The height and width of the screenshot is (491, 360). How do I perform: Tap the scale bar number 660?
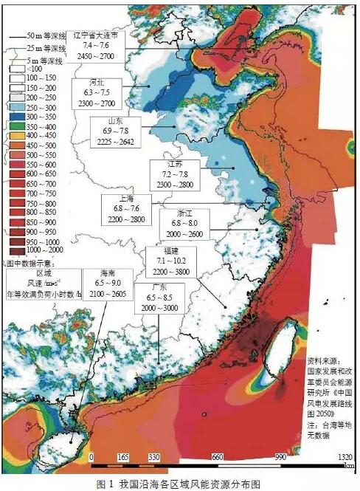click(217, 458)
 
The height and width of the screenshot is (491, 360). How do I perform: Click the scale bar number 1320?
click(344, 458)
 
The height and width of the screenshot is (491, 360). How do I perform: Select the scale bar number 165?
click(123, 458)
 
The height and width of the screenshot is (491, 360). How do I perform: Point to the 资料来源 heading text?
click(325, 363)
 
